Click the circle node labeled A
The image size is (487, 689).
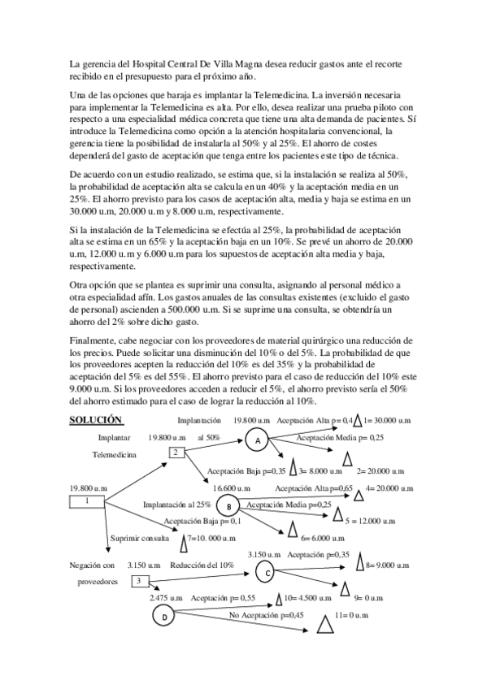click(257, 440)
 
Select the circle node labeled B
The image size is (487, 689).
click(230, 506)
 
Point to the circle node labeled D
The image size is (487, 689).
click(164, 618)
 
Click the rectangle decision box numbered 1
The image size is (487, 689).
click(87, 501)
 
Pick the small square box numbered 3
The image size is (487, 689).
click(139, 581)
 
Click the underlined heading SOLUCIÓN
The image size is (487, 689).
click(96, 420)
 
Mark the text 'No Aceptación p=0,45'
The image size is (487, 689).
click(266, 616)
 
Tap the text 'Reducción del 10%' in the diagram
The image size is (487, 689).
click(202, 565)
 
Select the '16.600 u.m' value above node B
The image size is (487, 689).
click(234, 488)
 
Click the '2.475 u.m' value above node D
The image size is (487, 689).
click(167, 598)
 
